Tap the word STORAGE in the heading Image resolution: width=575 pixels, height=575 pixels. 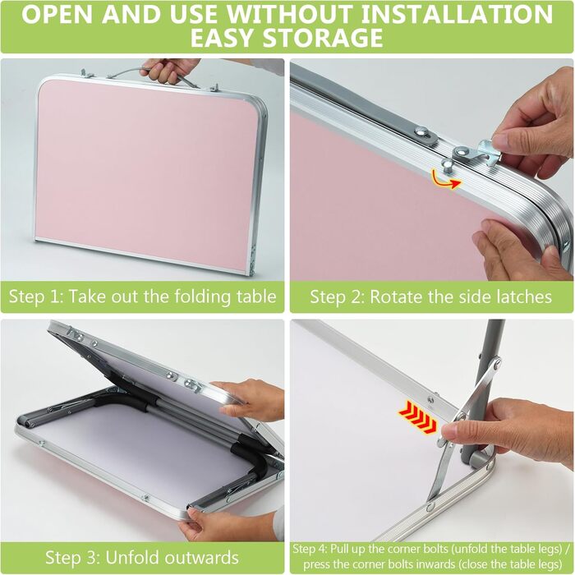click(x=323, y=38)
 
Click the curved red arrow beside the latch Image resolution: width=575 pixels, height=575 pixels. click(x=445, y=179)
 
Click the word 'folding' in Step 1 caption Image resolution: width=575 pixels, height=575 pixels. click(x=203, y=297)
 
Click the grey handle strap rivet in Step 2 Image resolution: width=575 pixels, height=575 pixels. click(x=424, y=132)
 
